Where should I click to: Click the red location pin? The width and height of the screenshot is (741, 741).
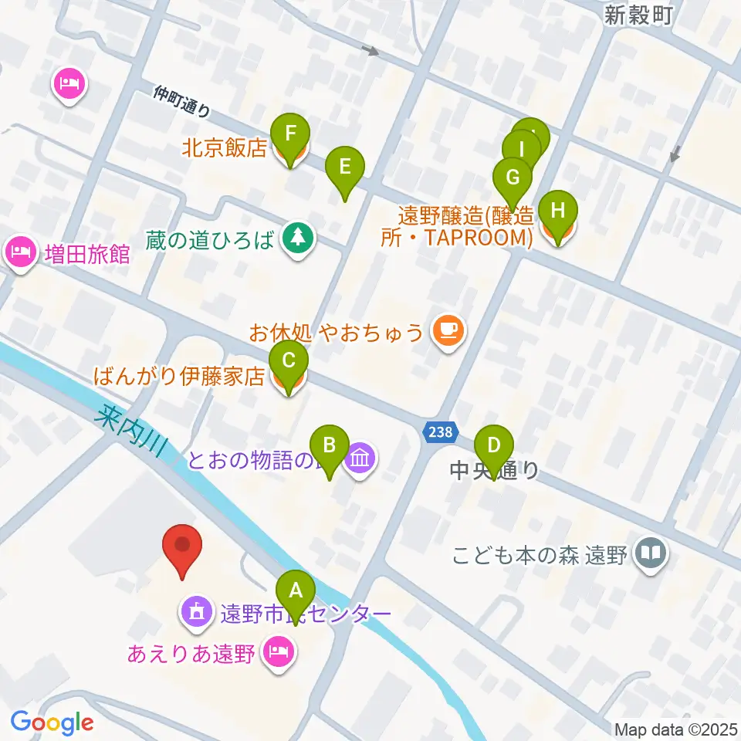point(183,548)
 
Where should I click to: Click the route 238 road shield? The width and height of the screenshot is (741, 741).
point(442,432)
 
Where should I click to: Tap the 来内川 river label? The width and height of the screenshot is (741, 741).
point(131,431)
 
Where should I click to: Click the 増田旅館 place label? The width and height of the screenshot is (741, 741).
point(86,254)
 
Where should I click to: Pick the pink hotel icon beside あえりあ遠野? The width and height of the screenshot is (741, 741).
point(276,654)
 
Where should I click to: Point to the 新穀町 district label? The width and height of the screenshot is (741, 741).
point(638,15)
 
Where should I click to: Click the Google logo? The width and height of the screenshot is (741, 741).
point(52,722)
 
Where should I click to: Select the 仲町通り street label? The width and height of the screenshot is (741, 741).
point(182,101)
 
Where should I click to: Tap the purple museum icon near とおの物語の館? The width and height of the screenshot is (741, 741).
point(360,461)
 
